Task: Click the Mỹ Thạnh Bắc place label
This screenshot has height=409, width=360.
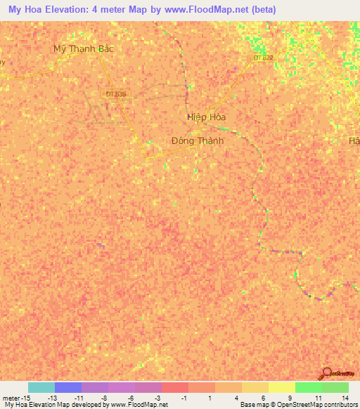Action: click(84, 48)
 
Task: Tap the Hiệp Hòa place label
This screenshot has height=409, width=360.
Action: click(206, 117)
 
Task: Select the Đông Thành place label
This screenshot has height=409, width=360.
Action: click(198, 141)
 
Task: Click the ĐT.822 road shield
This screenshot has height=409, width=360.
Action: click(262, 58)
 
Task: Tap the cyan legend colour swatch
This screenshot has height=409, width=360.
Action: click(41, 387)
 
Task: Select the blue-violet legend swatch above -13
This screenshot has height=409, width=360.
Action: click(67, 387)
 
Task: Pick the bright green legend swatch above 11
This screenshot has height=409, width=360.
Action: click(308, 387)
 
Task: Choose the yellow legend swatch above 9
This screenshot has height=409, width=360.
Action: click(281, 387)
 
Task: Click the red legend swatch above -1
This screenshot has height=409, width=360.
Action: click(174, 387)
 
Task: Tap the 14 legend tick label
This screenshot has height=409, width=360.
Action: click(345, 397)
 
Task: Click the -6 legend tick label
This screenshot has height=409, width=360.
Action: click(131, 397)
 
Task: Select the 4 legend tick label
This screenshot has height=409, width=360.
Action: click(237, 397)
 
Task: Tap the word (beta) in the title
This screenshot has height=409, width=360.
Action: click(262, 9)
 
